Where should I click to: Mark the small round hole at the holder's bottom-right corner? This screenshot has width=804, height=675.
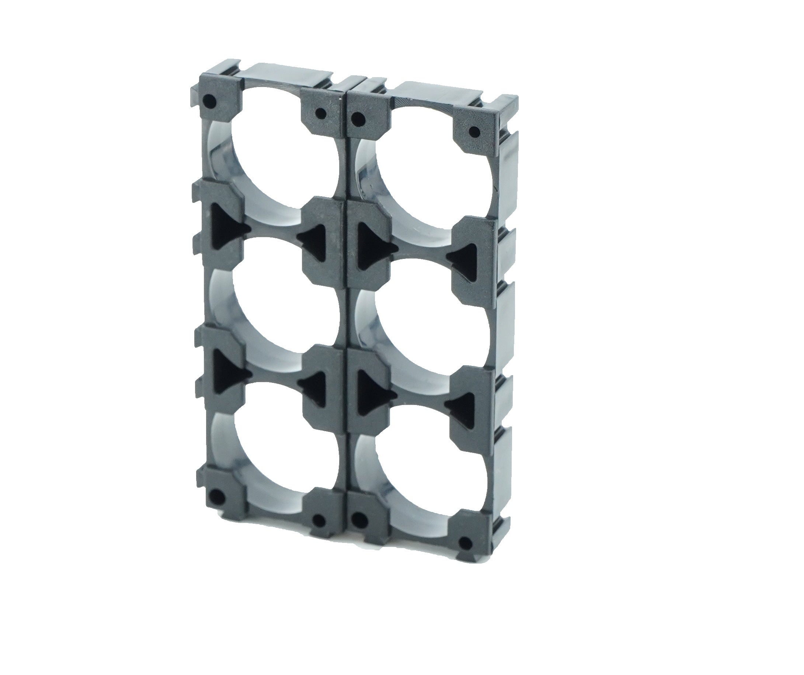[x=465, y=543]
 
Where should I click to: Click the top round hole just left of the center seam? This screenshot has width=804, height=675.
[x=321, y=113]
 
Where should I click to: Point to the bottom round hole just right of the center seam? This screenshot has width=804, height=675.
[x=357, y=521]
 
